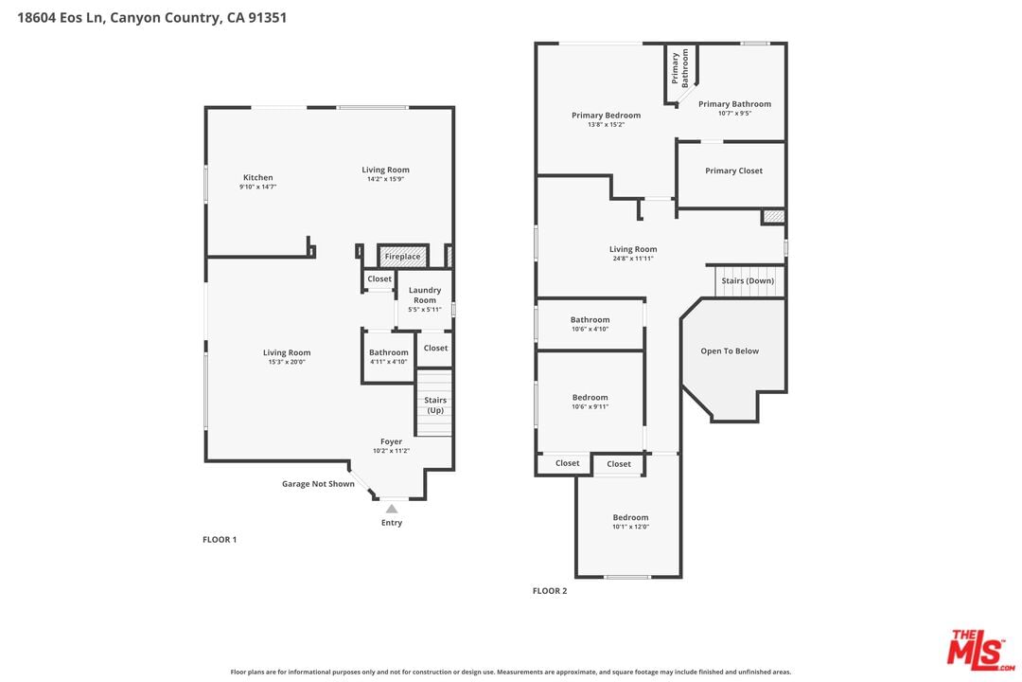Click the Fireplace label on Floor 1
click(x=402, y=257)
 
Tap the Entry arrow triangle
click(x=391, y=509)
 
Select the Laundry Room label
click(x=425, y=295)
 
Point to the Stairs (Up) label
click(x=435, y=405)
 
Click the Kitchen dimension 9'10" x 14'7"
click(x=258, y=187)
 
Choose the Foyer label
click(x=391, y=441)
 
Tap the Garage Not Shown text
click(x=318, y=484)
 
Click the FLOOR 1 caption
click(x=220, y=540)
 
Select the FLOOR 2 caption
click(x=550, y=591)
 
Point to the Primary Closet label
click(x=734, y=171)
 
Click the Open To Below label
click(x=730, y=351)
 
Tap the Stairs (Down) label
click(x=748, y=280)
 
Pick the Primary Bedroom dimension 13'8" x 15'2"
click(x=607, y=125)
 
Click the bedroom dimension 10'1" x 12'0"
click(x=630, y=527)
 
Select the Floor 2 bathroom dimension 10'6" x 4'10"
click(x=590, y=329)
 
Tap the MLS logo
click(x=980, y=650)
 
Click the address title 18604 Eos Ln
click(x=60, y=18)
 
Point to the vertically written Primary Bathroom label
click(x=679, y=68)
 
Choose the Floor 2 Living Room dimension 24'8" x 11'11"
click(x=633, y=259)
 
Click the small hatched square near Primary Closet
click(x=774, y=217)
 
